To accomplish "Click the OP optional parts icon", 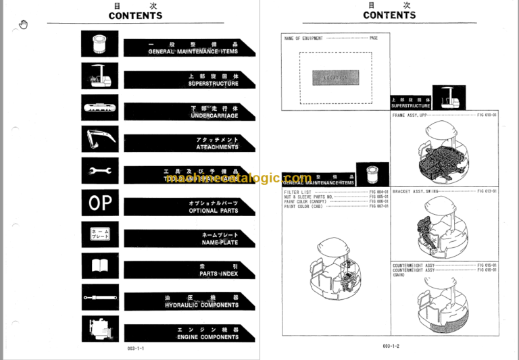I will point(100,203).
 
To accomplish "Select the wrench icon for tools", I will point(100,171).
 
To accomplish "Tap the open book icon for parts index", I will point(100,265).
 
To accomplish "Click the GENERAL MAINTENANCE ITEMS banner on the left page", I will point(189,47).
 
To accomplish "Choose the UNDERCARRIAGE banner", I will point(189,111).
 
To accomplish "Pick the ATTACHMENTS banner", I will point(189,143).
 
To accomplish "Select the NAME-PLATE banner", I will point(189,238).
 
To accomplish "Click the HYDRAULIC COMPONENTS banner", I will point(189,301).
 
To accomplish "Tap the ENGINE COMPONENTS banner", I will point(189,333).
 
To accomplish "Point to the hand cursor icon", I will point(24,25).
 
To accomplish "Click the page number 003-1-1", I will point(136,348).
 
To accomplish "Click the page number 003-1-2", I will point(391,346).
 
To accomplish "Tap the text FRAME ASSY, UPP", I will point(410,115).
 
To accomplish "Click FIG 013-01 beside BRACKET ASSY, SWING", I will point(487,191).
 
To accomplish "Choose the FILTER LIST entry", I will point(296,192).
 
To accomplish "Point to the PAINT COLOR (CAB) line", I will point(304,206).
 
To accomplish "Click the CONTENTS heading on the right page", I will point(389,15).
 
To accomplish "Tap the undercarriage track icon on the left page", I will point(100,107).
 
